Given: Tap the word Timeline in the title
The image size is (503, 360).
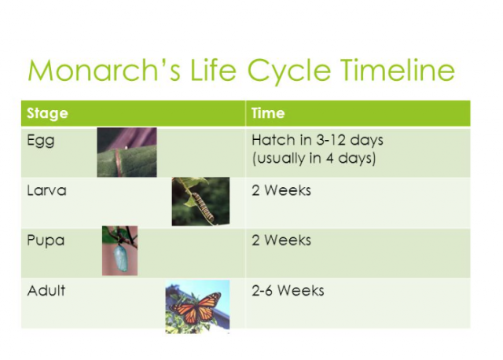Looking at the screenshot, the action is [398, 70].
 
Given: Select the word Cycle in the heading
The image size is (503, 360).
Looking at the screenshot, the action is [289, 72].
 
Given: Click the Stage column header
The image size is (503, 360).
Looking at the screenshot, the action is [47, 113].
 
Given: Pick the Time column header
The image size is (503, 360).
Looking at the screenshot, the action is [268, 113].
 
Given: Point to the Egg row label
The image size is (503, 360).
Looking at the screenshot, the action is [41, 141].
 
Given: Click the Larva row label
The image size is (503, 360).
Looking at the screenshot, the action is [47, 190].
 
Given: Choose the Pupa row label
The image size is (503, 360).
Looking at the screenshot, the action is [46, 241].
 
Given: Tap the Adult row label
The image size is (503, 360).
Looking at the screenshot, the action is [46, 291].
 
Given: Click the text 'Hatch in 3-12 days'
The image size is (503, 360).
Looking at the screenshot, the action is [318, 140].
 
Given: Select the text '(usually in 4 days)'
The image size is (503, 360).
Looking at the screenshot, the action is [314, 159].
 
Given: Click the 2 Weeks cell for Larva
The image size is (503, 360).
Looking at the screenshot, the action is [281, 190].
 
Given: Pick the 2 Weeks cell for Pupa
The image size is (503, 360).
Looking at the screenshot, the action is [281, 241].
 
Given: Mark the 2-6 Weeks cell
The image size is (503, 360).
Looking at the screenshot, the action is [288, 291].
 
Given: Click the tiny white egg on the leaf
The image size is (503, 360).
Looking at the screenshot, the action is [127, 148].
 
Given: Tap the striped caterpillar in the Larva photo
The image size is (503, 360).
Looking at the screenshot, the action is [203, 208].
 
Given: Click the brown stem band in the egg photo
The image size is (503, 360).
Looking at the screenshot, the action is [118, 163].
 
